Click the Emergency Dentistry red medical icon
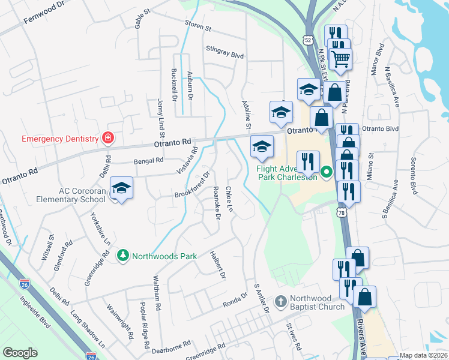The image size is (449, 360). coord(108,139)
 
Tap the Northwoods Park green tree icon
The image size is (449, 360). coord(123,256)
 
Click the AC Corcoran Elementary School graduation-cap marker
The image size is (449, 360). coord(121,190)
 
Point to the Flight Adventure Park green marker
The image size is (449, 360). coord(327,174)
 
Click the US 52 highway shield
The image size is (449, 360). coord(308,40)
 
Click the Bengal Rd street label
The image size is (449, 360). coord(148,161)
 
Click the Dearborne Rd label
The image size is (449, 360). coord(171,345)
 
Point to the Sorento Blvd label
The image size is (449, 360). coord(414,176)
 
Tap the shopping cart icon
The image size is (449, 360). coord(340,58)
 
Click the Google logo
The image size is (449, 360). coord(20,353)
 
